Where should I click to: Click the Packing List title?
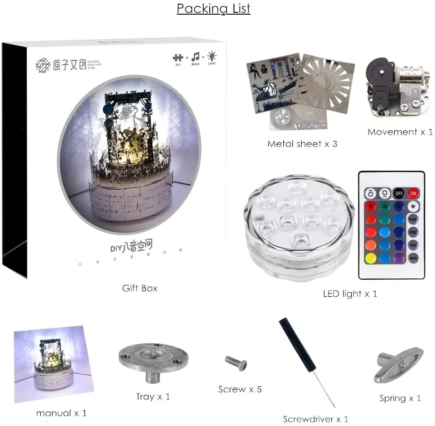click(x=213, y=9)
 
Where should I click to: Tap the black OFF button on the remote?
click(x=399, y=193)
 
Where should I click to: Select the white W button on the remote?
click(x=413, y=206)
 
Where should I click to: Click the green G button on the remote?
click(x=385, y=206)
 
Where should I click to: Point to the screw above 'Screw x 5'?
click(x=236, y=363)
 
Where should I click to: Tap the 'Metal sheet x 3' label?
click(x=302, y=144)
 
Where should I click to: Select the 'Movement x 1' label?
click(x=400, y=132)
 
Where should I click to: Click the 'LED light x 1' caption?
click(x=350, y=293)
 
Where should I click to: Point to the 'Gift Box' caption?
click(x=140, y=288)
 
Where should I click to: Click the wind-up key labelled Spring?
click(x=398, y=366)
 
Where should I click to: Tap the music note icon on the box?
click(x=196, y=57)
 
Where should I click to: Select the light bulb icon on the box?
click(x=212, y=57)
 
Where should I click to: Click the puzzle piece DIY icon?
click(x=178, y=58)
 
